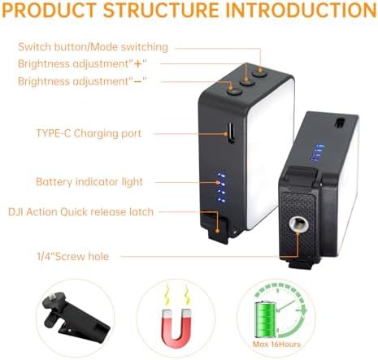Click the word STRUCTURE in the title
[162, 11]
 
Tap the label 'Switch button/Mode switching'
[93, 47]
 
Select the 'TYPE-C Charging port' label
[89, 133]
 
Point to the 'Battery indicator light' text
[89, 182]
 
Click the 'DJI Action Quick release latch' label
[80, 212]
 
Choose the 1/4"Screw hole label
[72, 256]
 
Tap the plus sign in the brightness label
[138, 64]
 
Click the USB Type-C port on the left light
[231, 132]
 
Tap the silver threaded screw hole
[298, 224]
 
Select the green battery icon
[265, 319]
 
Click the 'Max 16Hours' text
[276, 345]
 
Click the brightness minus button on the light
[234, 92]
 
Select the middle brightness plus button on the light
[246, 82]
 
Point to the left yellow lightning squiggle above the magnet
[167, 295]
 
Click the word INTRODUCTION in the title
[301, 11]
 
